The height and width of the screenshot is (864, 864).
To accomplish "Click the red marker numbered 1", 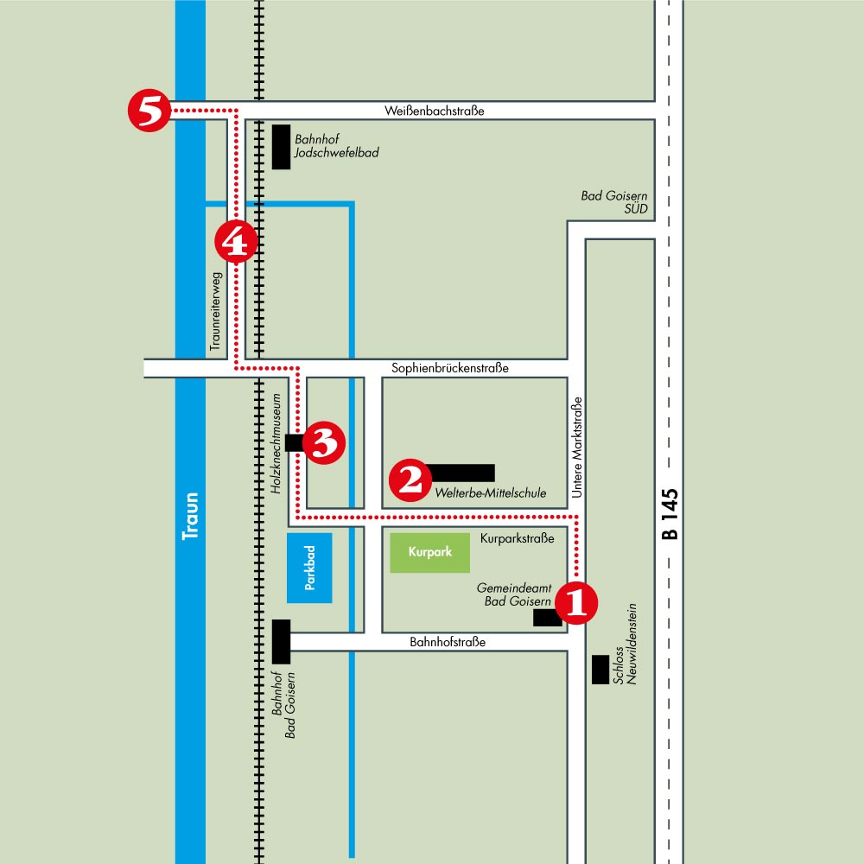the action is [x=575, y=603].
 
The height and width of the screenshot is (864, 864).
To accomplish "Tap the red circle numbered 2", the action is [x=410, y=480].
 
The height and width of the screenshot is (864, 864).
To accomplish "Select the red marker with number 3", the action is [x=324, y=442].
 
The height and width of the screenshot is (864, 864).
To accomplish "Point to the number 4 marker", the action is [x=236, y=241].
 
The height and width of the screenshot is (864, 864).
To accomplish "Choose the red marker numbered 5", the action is [x=149, y=111].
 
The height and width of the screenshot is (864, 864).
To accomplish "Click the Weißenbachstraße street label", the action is [x=435, y=111].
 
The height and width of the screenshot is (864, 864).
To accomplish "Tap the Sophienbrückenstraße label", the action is [x=449, y=368].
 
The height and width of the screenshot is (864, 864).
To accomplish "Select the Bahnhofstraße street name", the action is [x=448, y=642].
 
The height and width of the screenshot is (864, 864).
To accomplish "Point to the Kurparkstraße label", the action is [x=517, y=538].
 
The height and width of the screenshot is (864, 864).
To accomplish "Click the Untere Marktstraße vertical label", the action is [x=576, y=448].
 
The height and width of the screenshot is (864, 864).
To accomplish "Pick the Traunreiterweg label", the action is [x=215, y=311].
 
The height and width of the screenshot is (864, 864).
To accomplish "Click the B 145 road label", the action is [x=670, y=514].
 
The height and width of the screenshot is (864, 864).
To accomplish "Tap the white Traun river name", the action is [x=191, y=517].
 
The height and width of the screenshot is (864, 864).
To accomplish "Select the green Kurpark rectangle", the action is [x=429, y=553].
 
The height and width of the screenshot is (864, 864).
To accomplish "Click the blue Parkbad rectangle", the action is [x=309, y=568].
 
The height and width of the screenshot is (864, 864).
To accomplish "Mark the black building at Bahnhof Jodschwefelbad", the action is [x=281, y=147].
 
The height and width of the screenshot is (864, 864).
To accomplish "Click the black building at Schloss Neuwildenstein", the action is [x=600, y=670].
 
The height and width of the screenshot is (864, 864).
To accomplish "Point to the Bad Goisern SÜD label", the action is [x=613, y=202].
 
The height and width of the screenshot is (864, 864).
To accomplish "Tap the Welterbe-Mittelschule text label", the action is [x=491, y=493].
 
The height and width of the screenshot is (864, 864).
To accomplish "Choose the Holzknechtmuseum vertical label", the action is [x=276, y=443].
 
